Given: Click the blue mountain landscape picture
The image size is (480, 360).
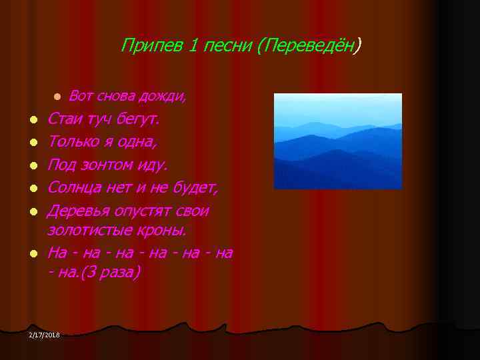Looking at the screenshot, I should [x=338, y=141].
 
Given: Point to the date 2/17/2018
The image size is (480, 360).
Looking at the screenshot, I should [x=44, y=334].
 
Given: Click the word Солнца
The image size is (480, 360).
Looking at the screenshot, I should [x=75, y=188].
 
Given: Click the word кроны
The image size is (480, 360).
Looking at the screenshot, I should [x=167, y=230].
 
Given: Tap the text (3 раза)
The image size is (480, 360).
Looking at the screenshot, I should [x=113, y=273].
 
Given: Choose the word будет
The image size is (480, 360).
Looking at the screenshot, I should [x=194, y=188].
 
